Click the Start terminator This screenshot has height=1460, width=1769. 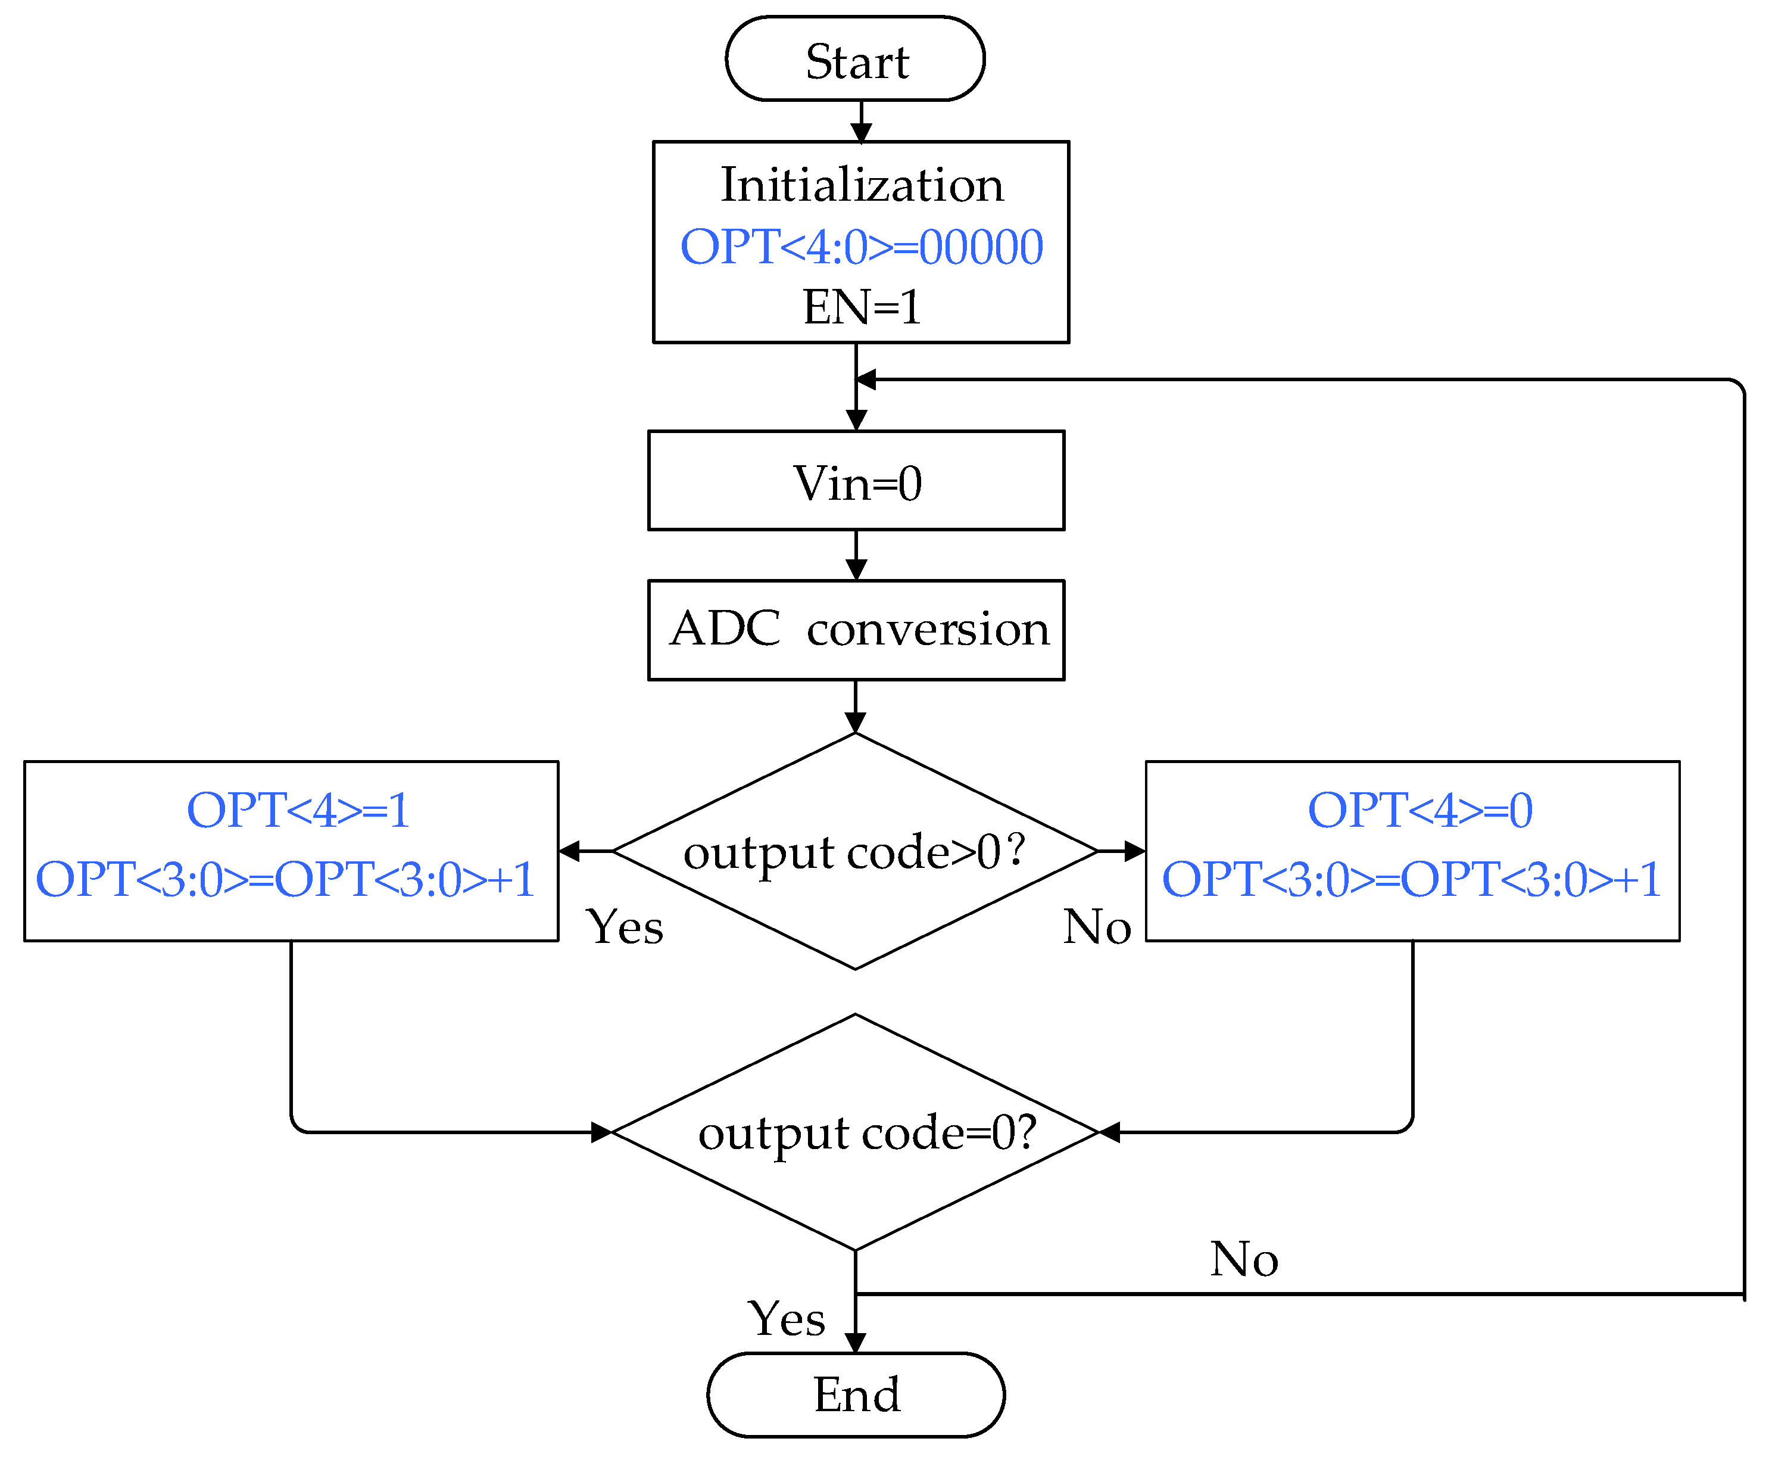pyautogui.click(x=855, y=59)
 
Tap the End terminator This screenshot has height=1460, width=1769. pyautogui.click(x=855, y=1395)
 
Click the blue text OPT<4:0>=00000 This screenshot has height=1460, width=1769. pyautogui.click(x=862, y=247)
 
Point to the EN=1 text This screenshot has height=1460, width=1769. pyautogui.click(x=862, y=306)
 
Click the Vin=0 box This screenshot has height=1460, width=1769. pyautogui.click(x=856, y=482)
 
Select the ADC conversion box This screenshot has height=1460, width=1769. pyautogui.click(x=856, y=629)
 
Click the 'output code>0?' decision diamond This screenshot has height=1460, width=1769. pyautogui.click(x=855, y=851)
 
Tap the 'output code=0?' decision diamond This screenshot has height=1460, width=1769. pyautogui.click(x=855, y=1132)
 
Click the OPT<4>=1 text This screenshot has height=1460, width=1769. pyautogui.click(x=298, y=810)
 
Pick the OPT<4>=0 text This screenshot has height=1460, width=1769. pyautogui.click(x=1420, y=810)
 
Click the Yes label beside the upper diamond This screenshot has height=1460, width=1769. pyautogui.click(x=625, y=927)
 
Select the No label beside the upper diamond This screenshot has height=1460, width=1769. pyautogui.click(x=1096, y=927)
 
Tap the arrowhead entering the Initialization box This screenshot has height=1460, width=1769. pyautogui.click(x=861, y=133)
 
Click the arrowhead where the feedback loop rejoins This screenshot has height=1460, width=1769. pyautogui.click(x=866, y=380)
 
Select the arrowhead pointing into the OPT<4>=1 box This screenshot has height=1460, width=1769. pyautogui.click(x=570, y=851)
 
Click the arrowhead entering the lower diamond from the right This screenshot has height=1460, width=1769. pyautogui.click(x=1109, y=1132)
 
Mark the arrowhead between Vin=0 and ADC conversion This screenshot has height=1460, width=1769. pyautogui.click(x=856, y=570)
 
